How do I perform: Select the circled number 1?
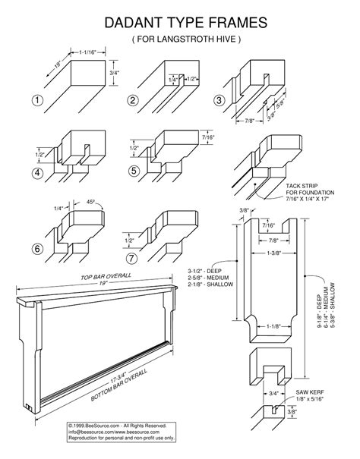(36, 101)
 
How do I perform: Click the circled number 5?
(134, 171)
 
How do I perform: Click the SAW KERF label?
(308, 394)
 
